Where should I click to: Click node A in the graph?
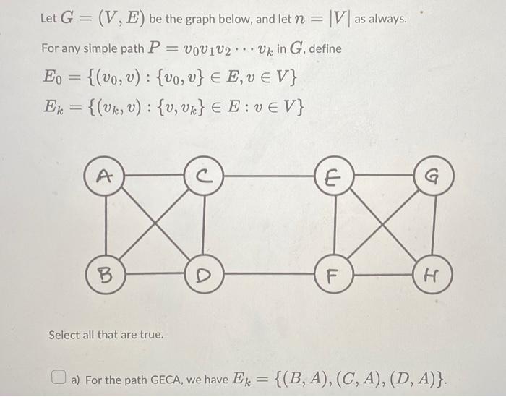click(106, 174)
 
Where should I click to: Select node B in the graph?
click(105, 275)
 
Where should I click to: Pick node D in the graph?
click(205, 275)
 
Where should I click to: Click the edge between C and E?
click(270, 174)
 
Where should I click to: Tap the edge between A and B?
click(106, 224)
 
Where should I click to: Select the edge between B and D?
click(155, 275)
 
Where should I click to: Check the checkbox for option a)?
click(59, 377)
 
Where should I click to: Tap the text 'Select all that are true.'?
click(106, 336)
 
